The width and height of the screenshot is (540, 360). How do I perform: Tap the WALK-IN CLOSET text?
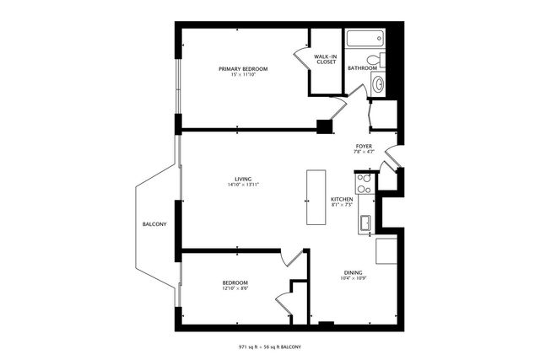pyautogui.click(x=327, y=59)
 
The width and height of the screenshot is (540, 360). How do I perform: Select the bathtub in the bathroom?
pyautogui.click(x=364, y=39)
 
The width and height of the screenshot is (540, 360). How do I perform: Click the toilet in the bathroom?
pyautogui.click(x=382, y=60)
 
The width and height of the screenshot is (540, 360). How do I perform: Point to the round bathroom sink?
pyautogui.click(x=378, y=83)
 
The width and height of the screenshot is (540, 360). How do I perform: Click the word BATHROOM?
pyautogui.click(x=361, y=68)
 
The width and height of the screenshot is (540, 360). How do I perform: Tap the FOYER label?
pyautogui.click(x=364, y=146)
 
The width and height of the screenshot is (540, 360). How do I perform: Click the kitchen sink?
pyautogui.click(x=365, y=223)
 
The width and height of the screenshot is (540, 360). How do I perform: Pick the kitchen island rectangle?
pyautogui.click(x=316, y=198)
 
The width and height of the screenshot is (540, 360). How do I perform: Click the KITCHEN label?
pyautogui.click(x=342, y=199)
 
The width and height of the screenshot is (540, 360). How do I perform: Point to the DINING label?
pyautogui.click(x=354, y=272)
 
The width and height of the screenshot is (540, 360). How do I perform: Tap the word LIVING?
pyautogui.click(x=243, y=178)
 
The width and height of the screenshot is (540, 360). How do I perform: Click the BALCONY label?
pyautogui.click(x=154, y=223)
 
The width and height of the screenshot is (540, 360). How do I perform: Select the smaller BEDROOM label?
pyautogui.click(x=235, y=282)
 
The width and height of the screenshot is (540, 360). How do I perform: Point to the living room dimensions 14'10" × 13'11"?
pyautogui.click(x=243, y=185)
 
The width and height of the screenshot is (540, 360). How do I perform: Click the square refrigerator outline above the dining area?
pyautogui.click(x=386, y=250)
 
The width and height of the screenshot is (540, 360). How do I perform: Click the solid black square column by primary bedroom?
pyautogui.click(x=323, y=127)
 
